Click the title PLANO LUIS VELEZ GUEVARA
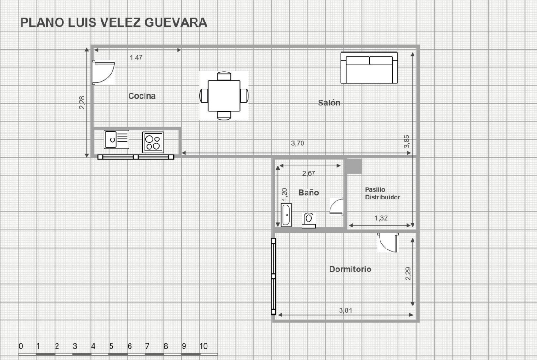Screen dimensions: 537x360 114,22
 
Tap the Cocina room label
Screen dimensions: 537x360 142,96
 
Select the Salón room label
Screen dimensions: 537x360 329,103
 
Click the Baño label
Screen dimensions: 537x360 308,193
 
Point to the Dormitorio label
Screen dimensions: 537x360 350,269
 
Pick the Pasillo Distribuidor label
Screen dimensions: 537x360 382,194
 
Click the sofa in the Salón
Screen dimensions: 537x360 369,68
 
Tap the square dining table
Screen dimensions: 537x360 224,95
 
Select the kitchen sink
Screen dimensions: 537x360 117,139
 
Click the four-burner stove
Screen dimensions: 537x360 153,142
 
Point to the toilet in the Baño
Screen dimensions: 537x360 308,221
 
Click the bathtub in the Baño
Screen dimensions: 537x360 286,215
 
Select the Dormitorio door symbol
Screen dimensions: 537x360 388,243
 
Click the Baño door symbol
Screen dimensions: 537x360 336,206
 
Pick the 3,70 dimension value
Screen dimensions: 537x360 297,144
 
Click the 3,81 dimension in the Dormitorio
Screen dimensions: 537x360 346,310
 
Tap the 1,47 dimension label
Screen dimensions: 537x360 136,58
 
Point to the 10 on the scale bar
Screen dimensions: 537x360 203,346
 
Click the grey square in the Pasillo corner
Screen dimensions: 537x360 354,166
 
